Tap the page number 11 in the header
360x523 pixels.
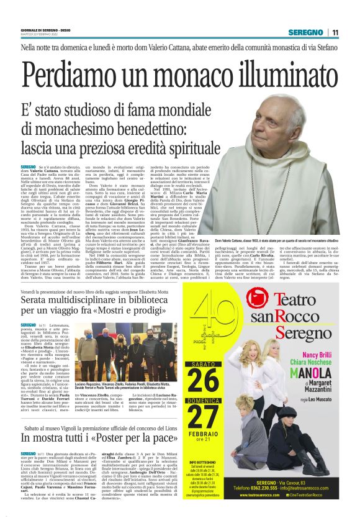335,32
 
